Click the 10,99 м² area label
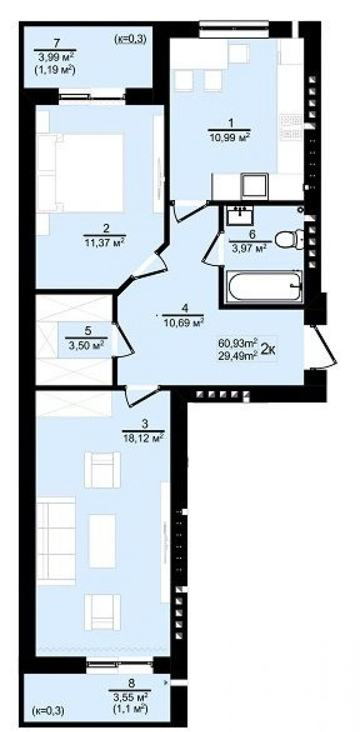coord(229,138)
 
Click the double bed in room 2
coord(80,173)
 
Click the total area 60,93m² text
coord(237,341)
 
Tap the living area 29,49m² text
coord(237,356)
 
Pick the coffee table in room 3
coord(103,540)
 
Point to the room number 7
coord(55,44)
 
